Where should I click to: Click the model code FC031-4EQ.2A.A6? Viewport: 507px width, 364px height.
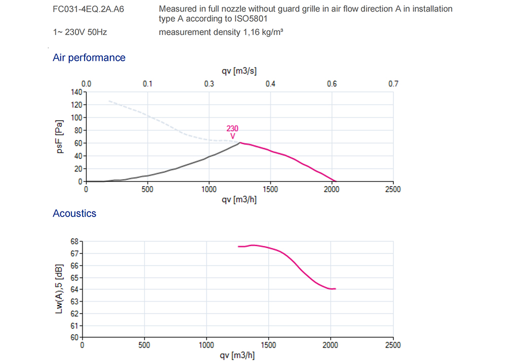[x=88, y=9]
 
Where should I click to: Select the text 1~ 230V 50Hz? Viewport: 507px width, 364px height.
[x=80, y=32]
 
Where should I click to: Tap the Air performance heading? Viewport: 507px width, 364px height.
[x=89, y=58]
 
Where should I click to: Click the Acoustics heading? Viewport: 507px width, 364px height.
[x=74, y=213]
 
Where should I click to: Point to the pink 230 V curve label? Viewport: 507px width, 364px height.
[x=232, y=132]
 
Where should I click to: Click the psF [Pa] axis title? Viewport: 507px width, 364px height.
[x=60, y=136]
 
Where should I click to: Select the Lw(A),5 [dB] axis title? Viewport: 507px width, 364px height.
[x=59, y=288]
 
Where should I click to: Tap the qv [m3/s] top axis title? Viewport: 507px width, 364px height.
[x=239, y=71]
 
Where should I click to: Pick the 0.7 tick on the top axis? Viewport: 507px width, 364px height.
[x=393, y=84]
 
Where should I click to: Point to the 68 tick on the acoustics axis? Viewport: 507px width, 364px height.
[x=75, y=241]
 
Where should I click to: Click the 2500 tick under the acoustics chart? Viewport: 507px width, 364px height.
[x=392, y=345]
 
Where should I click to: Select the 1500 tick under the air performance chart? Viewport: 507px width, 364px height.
[x=270, y=190]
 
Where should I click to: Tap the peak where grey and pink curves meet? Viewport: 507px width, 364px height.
[x=240, y=142]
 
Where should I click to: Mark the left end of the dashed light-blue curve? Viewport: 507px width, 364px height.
[x=108, y=101]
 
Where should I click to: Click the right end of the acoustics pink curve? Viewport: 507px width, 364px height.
[x=336, y=288]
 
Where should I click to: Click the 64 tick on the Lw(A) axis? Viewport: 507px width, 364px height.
[x=75, y=289]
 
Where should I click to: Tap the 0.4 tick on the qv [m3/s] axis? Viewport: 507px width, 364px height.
[x=270, y=84]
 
